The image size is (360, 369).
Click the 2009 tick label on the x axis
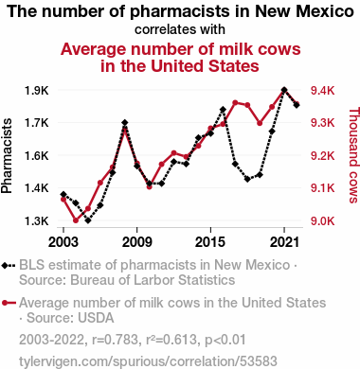pos(136,242)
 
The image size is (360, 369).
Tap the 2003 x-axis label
pos(63,242)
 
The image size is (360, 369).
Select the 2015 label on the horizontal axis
pos(210,242)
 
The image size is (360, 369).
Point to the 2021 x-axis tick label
pos(284,242)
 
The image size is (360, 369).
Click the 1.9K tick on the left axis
pos(37,91)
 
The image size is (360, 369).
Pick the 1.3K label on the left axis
pos(37,221)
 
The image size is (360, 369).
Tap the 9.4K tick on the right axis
pos(322,91)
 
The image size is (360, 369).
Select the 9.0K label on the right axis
pos(322,221)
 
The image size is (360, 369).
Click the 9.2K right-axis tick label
pos(322,156)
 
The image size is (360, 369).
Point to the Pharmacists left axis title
pos(7,156)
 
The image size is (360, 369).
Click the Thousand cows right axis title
pos(353,155)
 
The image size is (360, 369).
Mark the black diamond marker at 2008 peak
pos(125,122)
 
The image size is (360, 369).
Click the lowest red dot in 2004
pos(76,220)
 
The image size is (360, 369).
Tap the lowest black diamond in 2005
pos(88,220)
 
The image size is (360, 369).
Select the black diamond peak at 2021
pos(284,90)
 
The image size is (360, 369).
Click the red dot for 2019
pos(260,123)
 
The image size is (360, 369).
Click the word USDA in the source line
pos(96,318)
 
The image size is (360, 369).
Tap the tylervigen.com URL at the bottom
pos(148,361)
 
